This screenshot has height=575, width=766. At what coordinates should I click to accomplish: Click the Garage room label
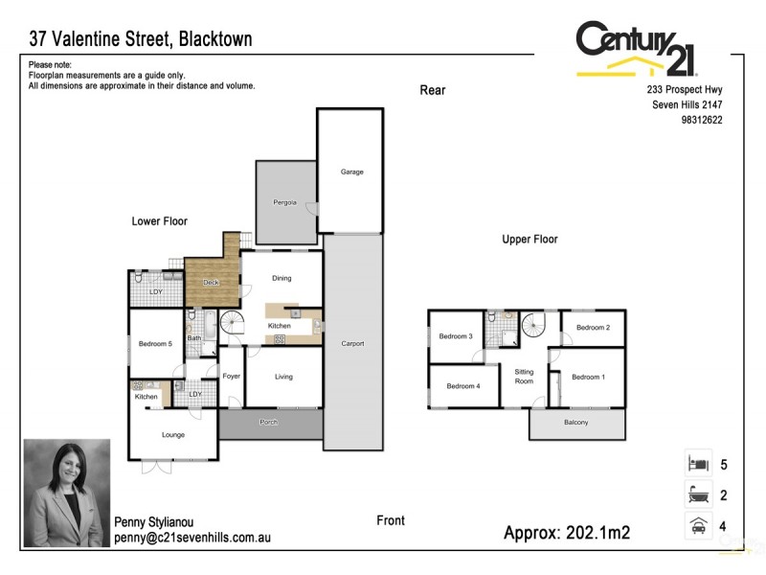coord(351,172)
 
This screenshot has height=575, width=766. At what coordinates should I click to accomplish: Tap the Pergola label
coord(285,203)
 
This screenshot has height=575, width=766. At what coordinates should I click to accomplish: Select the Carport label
coord(352,343)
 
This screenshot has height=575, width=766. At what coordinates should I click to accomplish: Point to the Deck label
coord(211,282)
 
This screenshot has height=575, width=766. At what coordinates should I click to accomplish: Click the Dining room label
coord(282,279)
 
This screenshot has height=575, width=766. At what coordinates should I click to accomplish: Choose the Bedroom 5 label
coord(155,344)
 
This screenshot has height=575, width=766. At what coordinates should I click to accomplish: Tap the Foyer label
coord(232,377)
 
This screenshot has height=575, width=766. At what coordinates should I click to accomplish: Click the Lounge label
coord(173,435)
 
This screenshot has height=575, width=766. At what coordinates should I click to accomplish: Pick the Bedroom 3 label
coord(456,336)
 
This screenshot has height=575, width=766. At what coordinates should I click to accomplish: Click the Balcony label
coord(576,424)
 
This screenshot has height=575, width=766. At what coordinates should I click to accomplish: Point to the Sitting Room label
coord(524,376)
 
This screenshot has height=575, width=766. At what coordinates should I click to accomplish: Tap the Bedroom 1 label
coord(588,377)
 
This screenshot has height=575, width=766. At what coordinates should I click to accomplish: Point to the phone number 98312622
coord(702,120)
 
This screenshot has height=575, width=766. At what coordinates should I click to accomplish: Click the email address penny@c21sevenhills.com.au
coord(192,538)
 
